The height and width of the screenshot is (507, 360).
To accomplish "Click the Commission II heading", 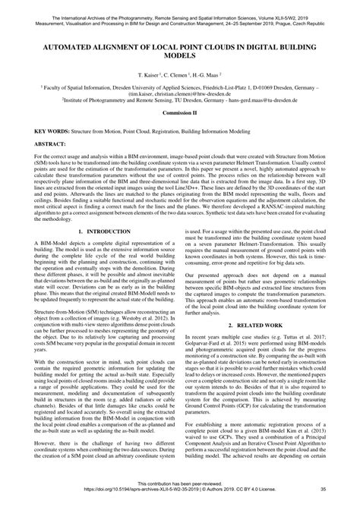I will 180,112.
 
